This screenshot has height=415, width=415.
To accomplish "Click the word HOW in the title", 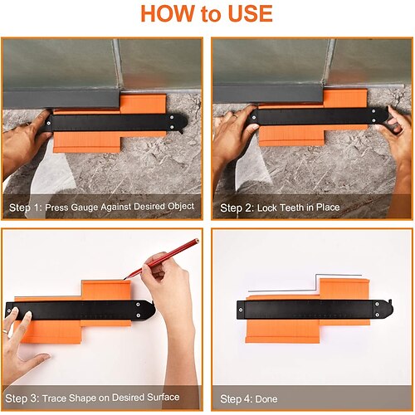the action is click(x=168, y=13).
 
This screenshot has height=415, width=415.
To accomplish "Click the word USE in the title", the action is click(x=251, y=13).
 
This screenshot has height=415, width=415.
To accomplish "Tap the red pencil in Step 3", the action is click(x=162, y=258).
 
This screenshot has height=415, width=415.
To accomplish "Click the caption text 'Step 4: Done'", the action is click(x=248, y=399).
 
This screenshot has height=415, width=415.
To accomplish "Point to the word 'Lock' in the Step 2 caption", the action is click(x=267, y=207).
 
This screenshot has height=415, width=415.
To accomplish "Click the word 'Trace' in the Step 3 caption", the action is click(x=54, y=398).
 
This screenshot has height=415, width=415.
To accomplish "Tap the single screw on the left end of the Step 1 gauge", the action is click(x=49, y=123).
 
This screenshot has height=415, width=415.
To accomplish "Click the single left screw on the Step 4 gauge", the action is click(x=241, y=310).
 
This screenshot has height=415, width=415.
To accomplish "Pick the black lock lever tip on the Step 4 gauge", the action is click(x=390, y=300).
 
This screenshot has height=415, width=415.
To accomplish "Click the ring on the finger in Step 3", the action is click(x=5, y=331).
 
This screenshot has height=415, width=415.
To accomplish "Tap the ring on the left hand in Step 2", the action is click(x=235, y=116).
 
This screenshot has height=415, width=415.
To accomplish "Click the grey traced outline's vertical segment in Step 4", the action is click(x=316, y=282).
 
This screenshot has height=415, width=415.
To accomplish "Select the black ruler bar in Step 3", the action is click(x=81, y=310).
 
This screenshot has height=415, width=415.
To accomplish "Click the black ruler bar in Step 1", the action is click(x=116, y=122).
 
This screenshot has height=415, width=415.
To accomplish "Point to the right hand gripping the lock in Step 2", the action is click(x=398, y=139).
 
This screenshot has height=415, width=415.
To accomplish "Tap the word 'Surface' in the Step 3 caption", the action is click(x=164, y=398).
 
